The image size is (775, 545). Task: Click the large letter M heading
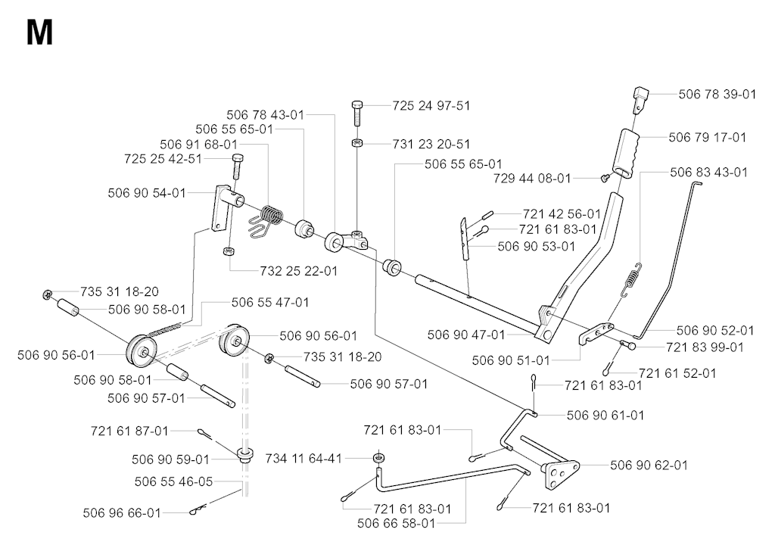coord(39,33)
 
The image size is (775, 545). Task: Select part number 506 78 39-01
coord(717,94)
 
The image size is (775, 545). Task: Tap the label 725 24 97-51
coord(431,105)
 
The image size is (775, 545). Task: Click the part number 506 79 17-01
coord(708,137)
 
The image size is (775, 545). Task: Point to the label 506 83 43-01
coord(708,172)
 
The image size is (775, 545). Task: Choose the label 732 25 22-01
coord(298,271)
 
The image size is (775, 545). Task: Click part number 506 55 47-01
coord(270,302)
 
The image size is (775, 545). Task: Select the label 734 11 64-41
coord(303,459)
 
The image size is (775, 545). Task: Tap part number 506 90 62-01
coord(649,465)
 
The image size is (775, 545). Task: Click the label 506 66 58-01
coord(397,523)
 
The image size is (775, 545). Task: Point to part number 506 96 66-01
coord(122,513)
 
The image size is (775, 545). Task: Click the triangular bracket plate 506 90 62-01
coord(561,473)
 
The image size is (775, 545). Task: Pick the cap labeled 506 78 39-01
coord(640,99)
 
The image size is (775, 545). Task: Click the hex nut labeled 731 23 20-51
coord(358,143)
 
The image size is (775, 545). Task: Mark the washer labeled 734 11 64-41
coord(379,457)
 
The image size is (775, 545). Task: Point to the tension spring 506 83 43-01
coord(630,280)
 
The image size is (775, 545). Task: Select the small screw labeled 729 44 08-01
coord(605,178)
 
